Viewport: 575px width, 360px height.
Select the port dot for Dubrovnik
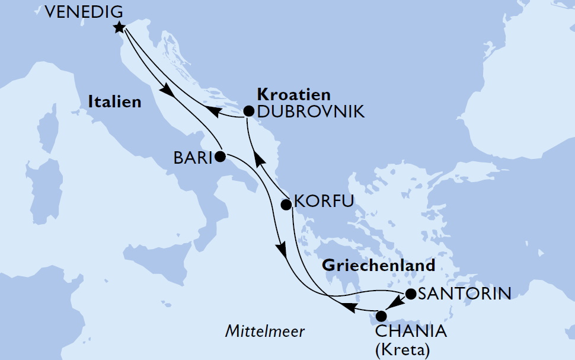249,111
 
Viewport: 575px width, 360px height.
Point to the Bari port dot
220,157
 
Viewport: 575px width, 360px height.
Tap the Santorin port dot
410,294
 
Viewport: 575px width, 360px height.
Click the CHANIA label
410,330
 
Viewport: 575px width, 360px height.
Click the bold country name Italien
115,102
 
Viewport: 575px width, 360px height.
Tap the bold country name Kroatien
294,94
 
